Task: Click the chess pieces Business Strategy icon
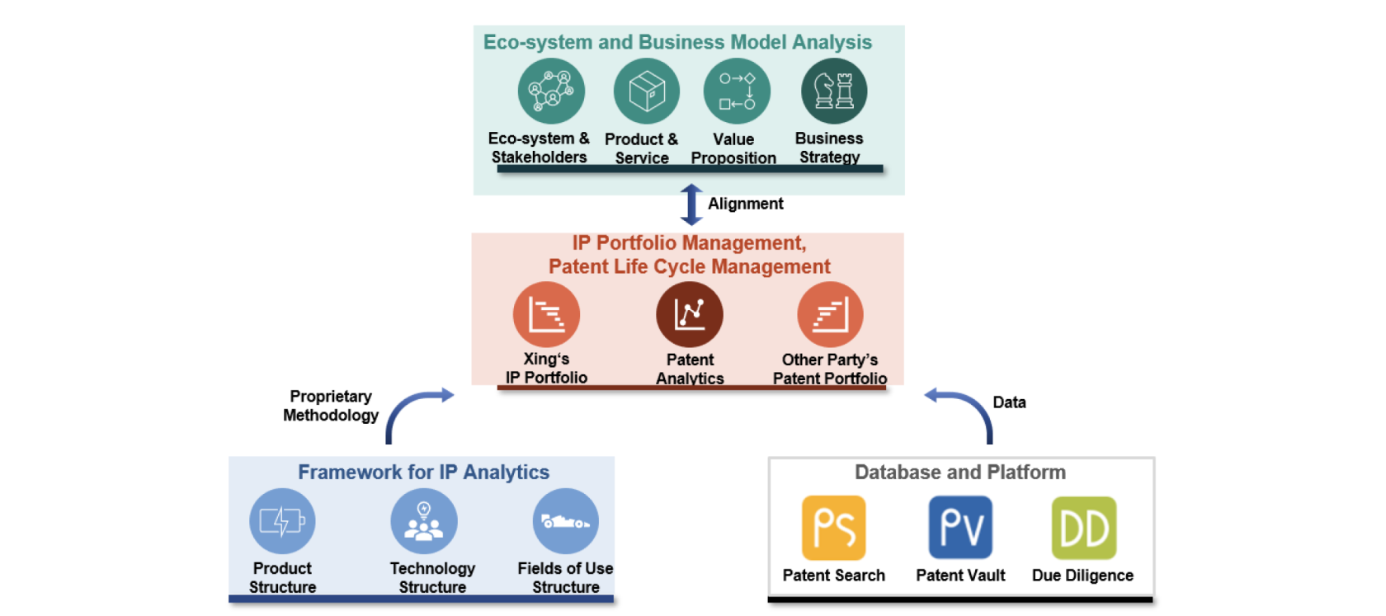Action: coord(833,91)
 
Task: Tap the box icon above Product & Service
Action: coord(646,91)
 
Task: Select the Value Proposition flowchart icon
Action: coord(736,91)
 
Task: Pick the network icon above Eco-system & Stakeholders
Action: coord(551,91)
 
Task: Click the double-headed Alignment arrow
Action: coord(691,205)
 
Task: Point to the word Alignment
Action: coord(745,204)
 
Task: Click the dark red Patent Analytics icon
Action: coord(689,314)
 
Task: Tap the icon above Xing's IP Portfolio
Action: coord(546,314)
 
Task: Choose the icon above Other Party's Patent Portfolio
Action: coord(830,314)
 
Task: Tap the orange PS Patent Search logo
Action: coord(833,528)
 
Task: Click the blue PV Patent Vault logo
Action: coord(960,528)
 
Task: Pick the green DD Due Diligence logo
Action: coord(1083,528)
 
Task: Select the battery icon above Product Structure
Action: coord(282,521)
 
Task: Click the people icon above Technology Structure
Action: coord(423,521)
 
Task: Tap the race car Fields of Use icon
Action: coord(565,521)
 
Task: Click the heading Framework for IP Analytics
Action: coord(423,472)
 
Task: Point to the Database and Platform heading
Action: coord(959,472)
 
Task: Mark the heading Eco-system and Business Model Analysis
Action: coord(677,42)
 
